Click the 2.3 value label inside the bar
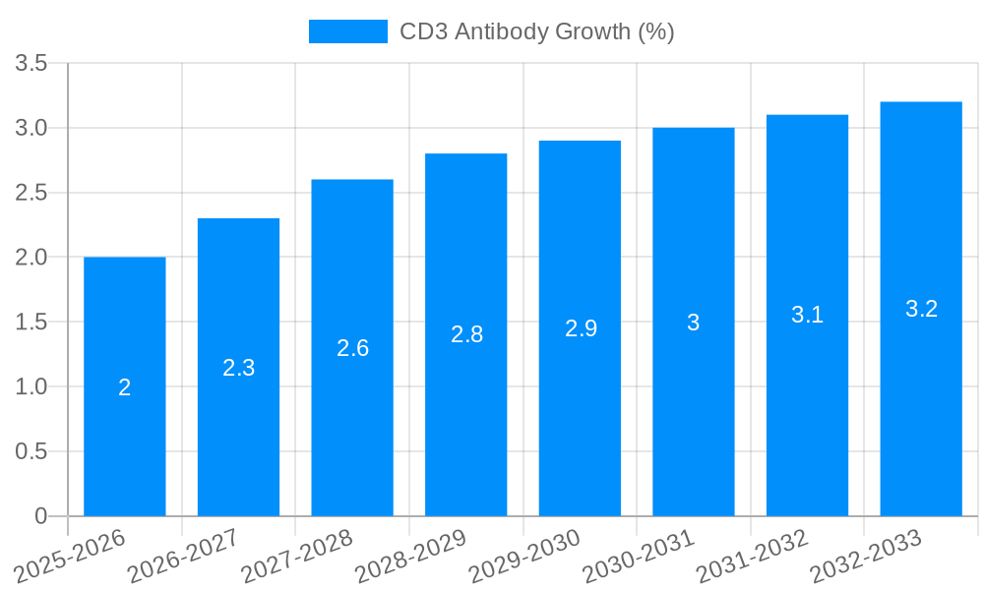[x=239, y=368]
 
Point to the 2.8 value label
[x=466, y=334]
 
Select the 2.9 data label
[x=581, y=328]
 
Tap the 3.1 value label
[x=808, y=315]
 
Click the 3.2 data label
[x=921, y=309]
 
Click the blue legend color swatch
[x=348, y=31]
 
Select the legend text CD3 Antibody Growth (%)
[x=536, y=31]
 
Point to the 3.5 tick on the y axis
[x=31, y=64]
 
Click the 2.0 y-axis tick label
[x=31, y=258]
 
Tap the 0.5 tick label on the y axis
[x=31, y=451]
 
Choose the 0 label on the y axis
[x=40, y=516]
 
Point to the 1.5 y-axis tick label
[x=31, y=323]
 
